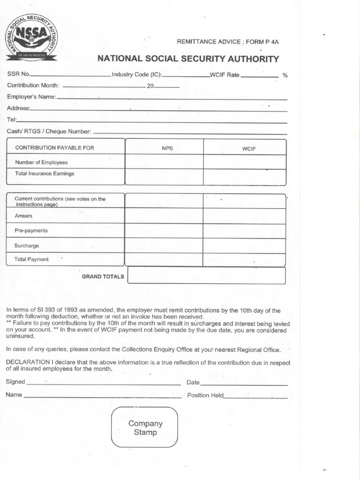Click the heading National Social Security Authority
pos(188,59)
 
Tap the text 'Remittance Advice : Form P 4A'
pos(227,42)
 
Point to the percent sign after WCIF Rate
pos(285,75)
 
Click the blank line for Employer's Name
pos(172,98)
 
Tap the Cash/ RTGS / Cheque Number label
pos(49,132)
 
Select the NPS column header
pos(167,148)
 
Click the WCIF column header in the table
pos(248,149)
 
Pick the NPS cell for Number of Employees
pos(164,162)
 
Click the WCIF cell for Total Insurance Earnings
pos(244,176)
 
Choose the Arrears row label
pos(24,216)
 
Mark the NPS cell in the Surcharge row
pos(164,246)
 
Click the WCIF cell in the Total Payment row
pos(244,259)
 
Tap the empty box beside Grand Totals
pos(206,276)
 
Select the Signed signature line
pos(103,382)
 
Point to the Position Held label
pos(205,395)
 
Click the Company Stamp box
pos(145,427)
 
